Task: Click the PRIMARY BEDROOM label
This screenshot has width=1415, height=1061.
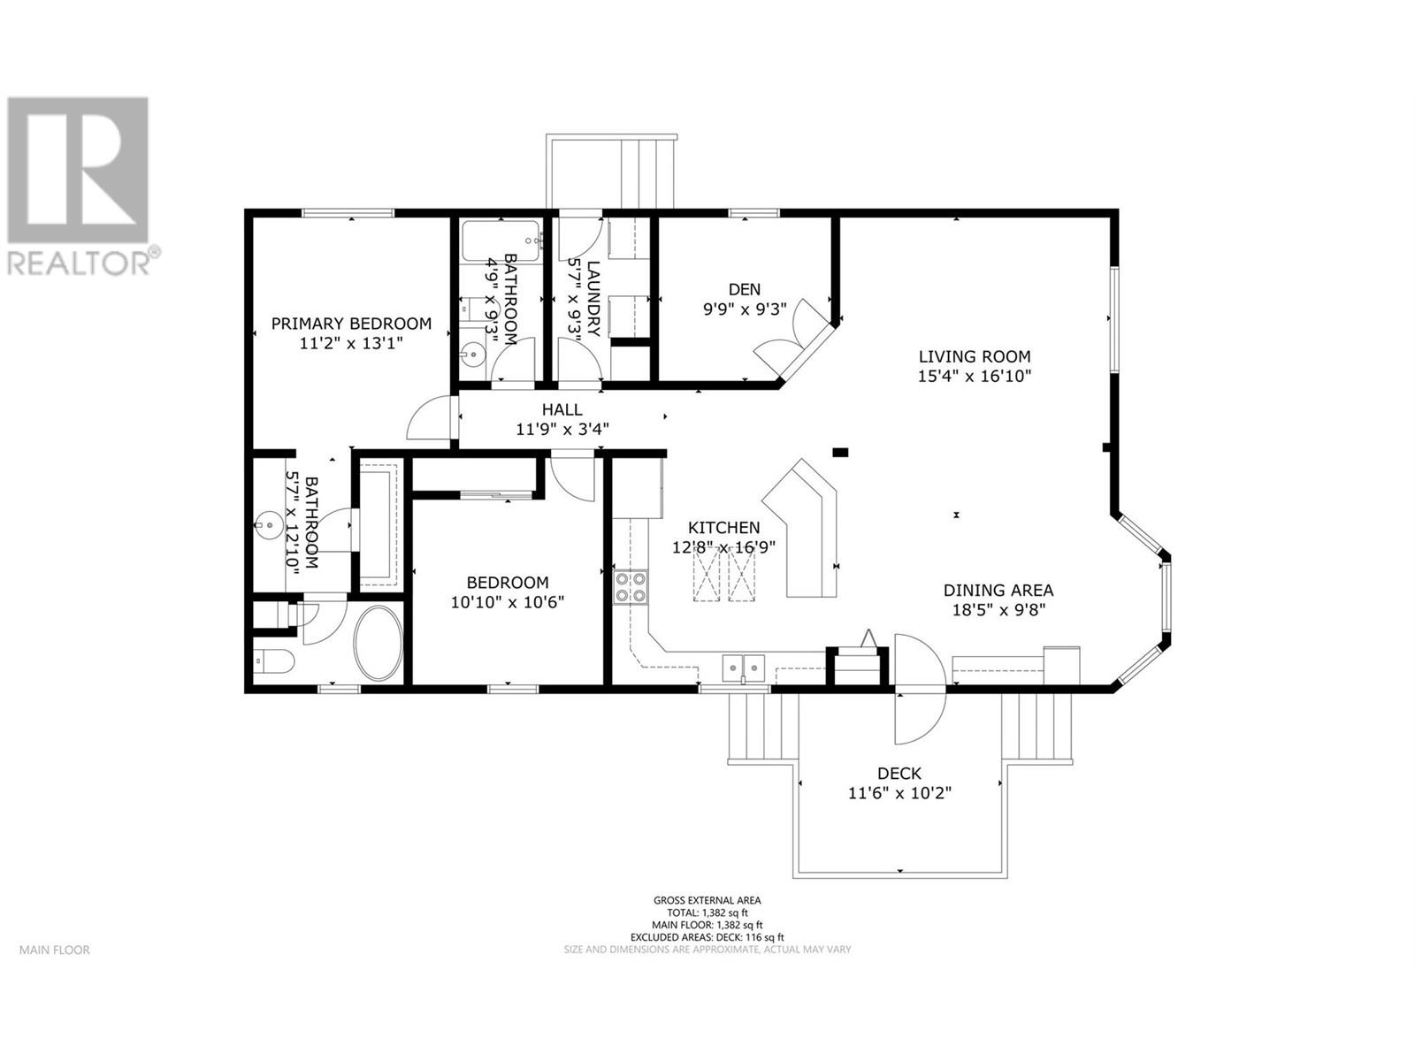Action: tap(351, 324)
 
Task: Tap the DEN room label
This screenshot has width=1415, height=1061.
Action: tap(744, 289)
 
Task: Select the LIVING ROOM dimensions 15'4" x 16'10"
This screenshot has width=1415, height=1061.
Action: tap(975, 376)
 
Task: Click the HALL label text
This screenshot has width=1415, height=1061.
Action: tap(562, 409)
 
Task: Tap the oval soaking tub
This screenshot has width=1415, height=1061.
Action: tap(379, 643)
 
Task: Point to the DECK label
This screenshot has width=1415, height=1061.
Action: tap(899, 774)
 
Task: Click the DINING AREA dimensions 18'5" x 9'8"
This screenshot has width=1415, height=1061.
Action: tap(998, 609)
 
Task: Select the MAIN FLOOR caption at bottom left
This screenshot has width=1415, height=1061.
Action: tap(55, 950)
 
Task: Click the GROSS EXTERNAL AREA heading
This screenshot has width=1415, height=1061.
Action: tap(707, 900)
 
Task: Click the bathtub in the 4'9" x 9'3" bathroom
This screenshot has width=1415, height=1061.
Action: tap(500, 240)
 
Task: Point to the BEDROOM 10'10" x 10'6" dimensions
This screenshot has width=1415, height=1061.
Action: tap(508, 602)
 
